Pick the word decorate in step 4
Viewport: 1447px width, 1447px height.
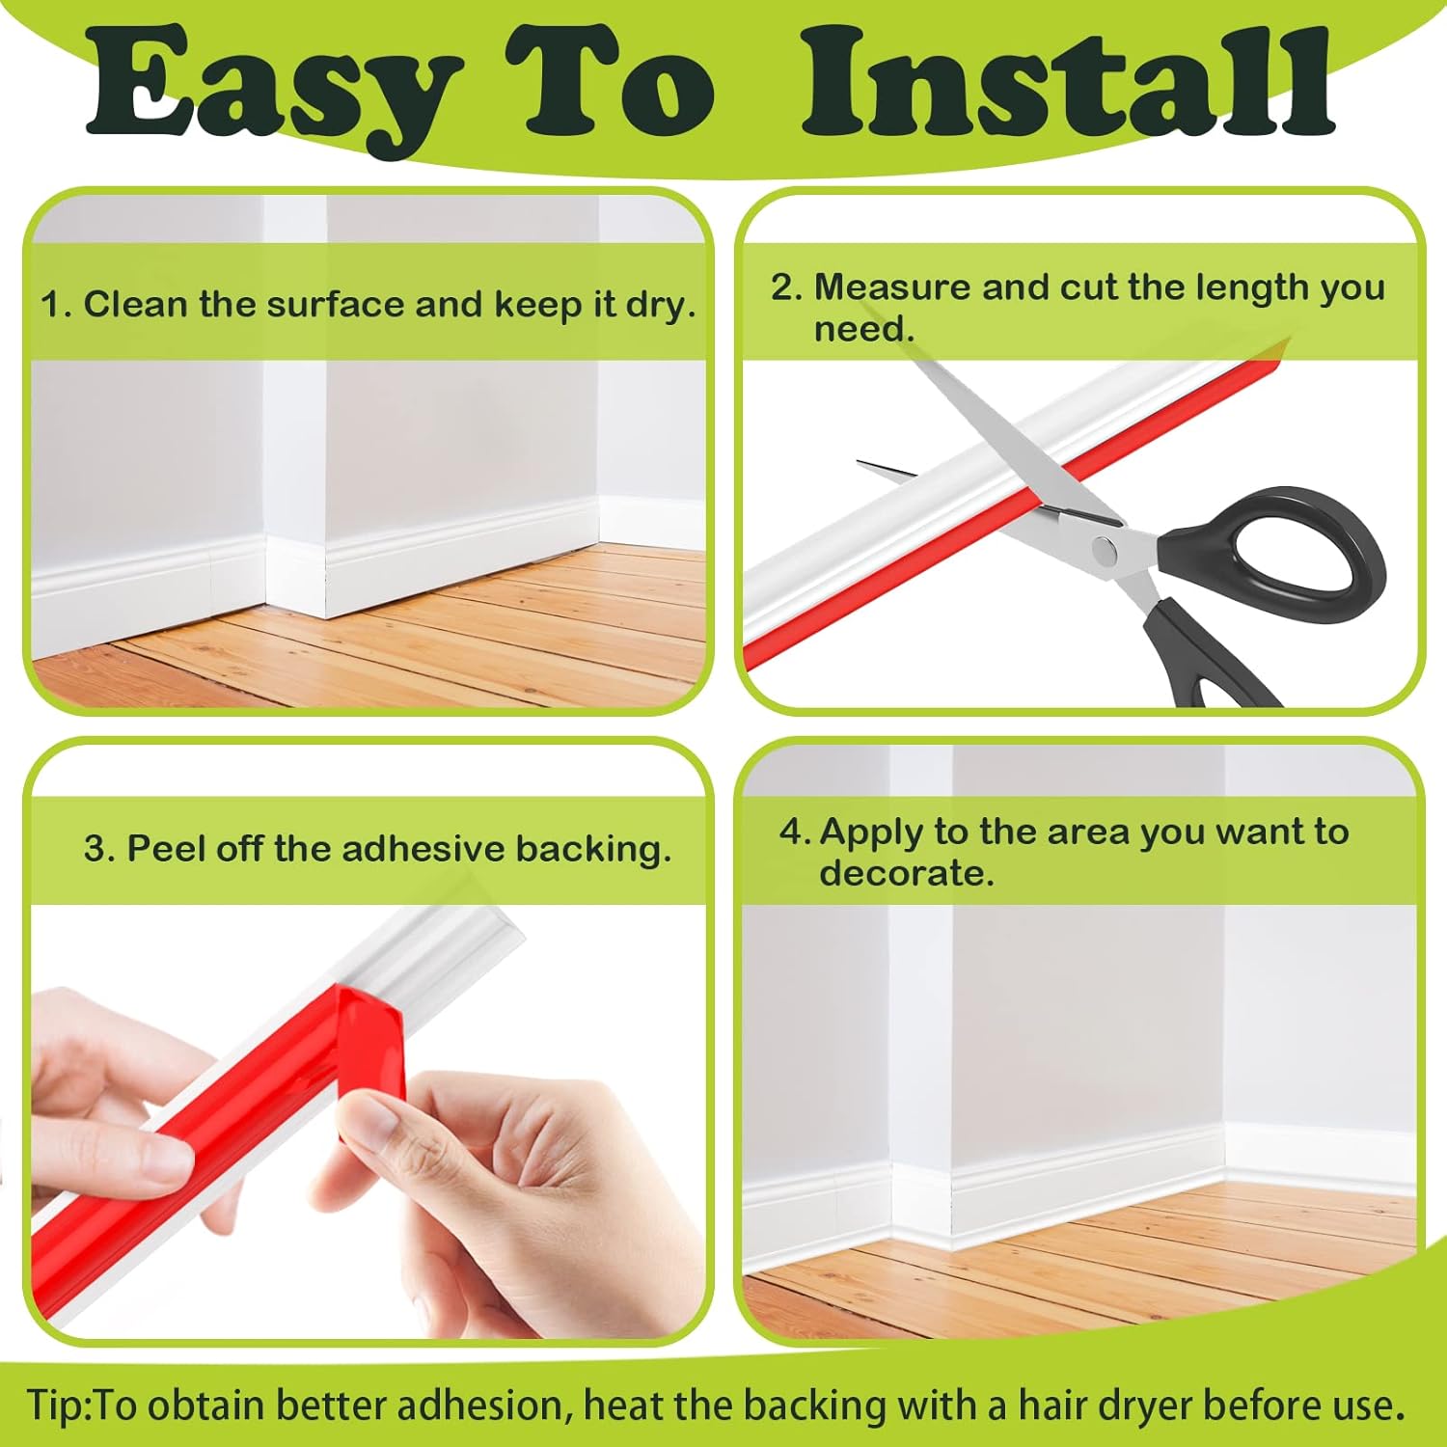point(906,874)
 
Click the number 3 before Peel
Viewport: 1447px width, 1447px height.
point(95,849)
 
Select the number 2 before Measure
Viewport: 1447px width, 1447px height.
point(782,287)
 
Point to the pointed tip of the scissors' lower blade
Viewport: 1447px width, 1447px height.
point(859,463)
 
